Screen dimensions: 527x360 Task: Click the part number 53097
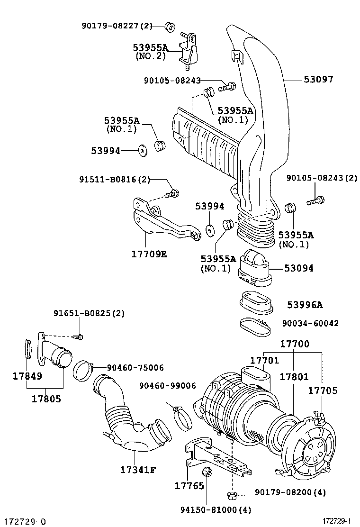[319, 80]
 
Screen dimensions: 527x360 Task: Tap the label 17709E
[149, 254]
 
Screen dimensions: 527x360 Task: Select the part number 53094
[299, 268]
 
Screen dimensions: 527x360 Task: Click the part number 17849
[27, 376]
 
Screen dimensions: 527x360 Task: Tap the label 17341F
[138, 470]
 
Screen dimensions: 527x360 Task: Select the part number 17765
[189, 486]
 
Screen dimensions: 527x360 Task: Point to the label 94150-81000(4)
[216, 510]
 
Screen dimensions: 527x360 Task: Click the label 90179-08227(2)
[116, 26]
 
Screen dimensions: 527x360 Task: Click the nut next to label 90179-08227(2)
[169, 26]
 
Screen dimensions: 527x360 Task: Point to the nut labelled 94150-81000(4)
[207, 472]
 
